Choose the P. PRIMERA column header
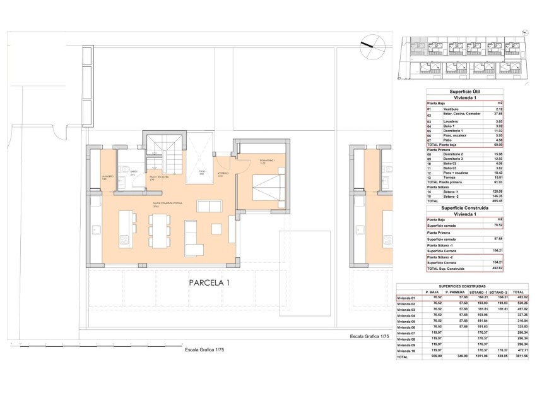(x=456, y=292)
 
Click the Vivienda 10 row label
(x=407, y=350)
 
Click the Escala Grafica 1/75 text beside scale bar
(x=203, y=349)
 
